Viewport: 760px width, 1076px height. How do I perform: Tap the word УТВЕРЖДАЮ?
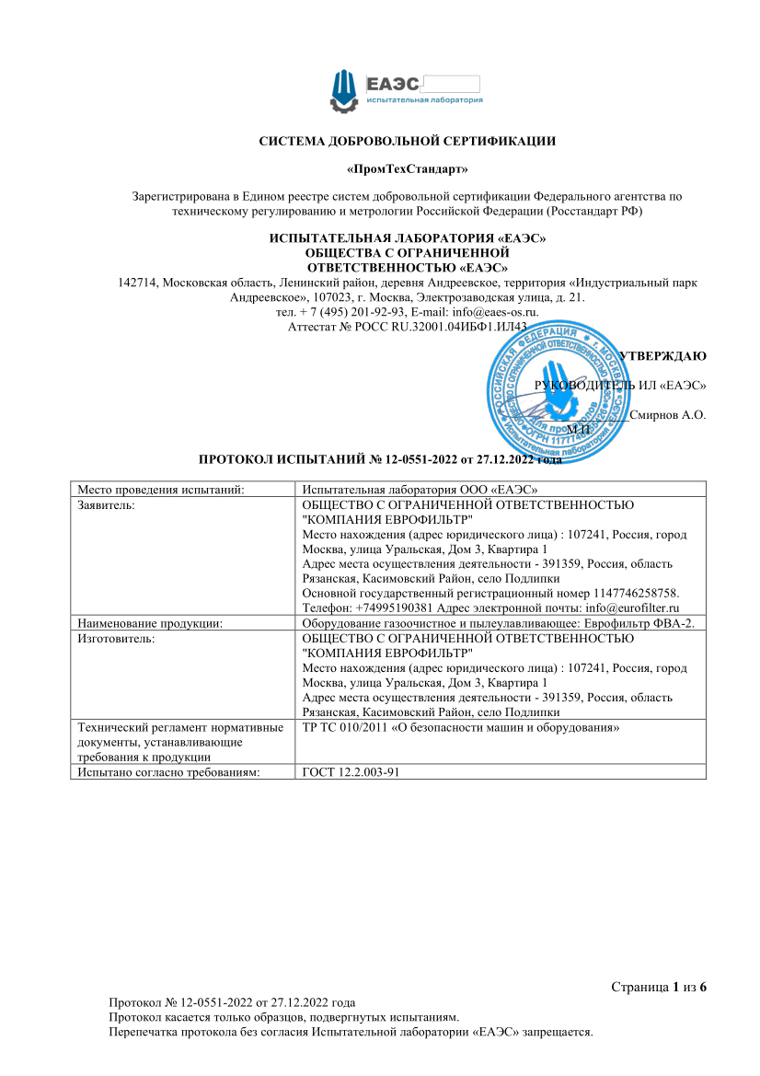pos(662,356)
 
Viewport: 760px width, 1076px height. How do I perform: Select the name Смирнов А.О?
pos(668,416)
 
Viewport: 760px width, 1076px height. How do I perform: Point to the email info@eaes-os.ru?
pos(493,312)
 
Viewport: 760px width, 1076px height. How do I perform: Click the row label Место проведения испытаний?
pos(160,490)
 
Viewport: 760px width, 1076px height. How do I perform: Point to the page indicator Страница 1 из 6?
pos(659,987)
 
